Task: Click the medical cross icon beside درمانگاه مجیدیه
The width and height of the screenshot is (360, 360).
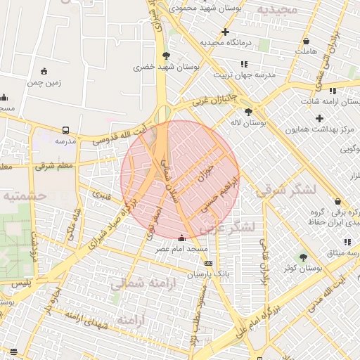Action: pos(225,32)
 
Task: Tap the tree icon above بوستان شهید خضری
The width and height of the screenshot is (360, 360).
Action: pos(166,56)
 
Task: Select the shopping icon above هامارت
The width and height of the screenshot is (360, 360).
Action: pos(306,41)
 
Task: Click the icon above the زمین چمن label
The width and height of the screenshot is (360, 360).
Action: pos(44,71)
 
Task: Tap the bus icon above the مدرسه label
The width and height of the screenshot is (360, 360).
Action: pos(65,130)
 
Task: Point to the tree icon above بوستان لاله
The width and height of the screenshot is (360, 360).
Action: pos(247,111)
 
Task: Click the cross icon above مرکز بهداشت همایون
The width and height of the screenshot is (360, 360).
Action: pos(320,118)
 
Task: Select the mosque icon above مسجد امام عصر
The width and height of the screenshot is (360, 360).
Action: pos(183,238)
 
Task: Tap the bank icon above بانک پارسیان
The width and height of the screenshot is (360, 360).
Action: pos(207,262)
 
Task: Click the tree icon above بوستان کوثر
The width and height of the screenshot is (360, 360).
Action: pos(303,257)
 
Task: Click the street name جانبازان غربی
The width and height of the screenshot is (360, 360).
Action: pos(211,101)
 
